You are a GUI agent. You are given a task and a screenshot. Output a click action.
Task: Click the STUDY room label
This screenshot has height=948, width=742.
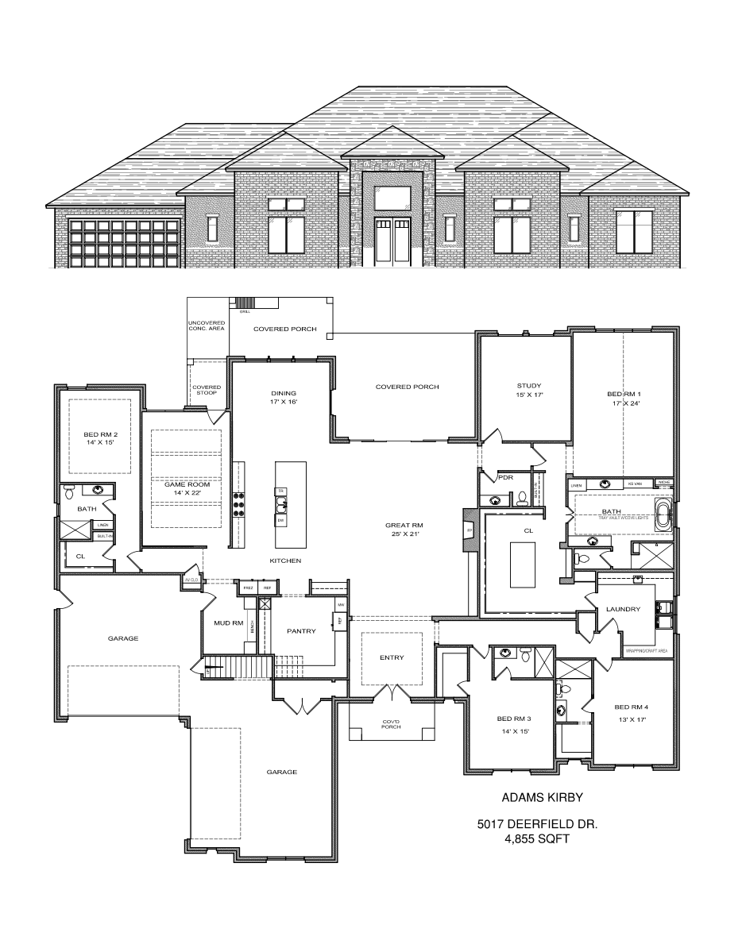523,387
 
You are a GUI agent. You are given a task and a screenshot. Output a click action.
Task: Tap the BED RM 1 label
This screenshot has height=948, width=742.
624,395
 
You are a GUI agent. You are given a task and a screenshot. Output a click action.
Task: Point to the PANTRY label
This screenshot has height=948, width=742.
302,631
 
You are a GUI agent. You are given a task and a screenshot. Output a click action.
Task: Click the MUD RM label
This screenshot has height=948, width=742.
228,623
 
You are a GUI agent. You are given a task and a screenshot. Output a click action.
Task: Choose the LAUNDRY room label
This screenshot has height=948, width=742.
622,609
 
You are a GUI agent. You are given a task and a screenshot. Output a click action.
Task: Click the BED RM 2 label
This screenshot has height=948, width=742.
101,434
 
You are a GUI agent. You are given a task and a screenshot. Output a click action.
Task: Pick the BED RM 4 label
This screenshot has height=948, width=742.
632,706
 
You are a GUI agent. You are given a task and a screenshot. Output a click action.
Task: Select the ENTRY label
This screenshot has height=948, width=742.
392,657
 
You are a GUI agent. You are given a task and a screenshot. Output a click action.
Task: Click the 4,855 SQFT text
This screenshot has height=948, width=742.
538,838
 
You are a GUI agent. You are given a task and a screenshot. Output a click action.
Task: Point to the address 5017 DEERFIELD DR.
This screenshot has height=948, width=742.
538,824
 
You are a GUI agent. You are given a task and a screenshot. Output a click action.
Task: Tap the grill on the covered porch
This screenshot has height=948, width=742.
246,303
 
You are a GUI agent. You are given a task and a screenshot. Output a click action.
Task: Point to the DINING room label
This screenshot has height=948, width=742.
283,393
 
